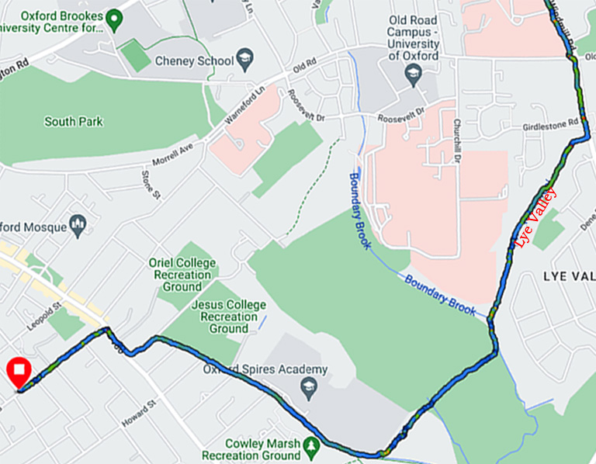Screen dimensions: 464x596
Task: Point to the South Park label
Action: point(74,122)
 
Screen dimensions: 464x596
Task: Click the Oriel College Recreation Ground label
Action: point(182,275)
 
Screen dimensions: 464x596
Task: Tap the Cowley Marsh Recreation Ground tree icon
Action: point(311,444)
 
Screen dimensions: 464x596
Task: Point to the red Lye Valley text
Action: point(536,218)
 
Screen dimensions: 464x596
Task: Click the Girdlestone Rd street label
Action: point(552,123)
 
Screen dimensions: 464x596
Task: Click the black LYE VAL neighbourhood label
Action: point(567,276)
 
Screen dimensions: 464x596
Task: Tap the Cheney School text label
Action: point(194,61)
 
